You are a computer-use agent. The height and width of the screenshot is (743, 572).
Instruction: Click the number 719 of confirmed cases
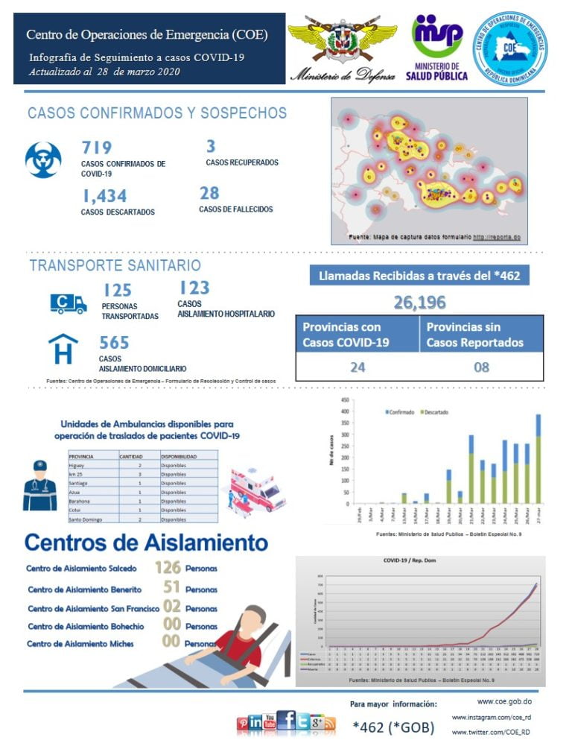click(97, 148)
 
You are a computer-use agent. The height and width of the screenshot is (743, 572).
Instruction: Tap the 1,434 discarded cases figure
click(104, 196)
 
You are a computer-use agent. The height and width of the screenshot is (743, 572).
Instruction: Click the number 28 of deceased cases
click(209, 194)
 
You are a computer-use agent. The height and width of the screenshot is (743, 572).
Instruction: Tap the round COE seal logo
click(510, 48)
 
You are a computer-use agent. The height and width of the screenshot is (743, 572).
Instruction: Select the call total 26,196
click(419, 302)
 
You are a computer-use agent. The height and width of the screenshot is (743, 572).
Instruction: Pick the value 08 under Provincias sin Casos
click(482, 367)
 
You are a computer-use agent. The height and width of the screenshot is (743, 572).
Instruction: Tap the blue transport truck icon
click(68, 303)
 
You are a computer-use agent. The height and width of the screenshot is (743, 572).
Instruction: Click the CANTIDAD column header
click(136, 455)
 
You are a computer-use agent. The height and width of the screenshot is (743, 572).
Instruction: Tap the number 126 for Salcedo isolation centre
click(168, 568)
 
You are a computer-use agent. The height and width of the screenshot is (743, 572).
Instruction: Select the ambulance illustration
click(258, 488)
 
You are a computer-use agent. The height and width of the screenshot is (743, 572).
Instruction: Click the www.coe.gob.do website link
click(503, 702)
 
